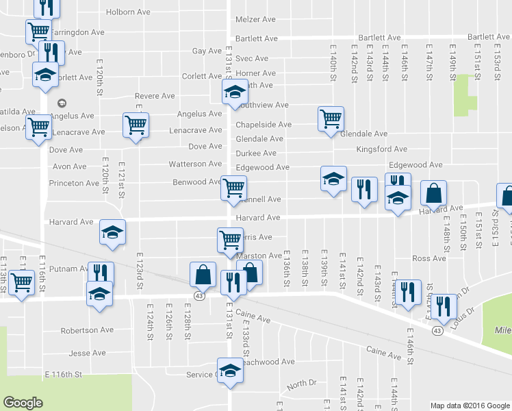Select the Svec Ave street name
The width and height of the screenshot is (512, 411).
[x=252, y=59]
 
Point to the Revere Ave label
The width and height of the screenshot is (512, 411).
[x=155, y=97]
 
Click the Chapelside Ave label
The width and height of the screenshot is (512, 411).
[x=264, y=125]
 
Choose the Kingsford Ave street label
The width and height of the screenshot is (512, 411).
[x=381, y=149]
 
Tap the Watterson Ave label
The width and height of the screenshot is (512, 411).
[x=196, y=164]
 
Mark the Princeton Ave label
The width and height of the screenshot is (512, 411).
[x=74, y=184]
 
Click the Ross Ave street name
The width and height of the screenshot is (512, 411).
[x=429, y=259]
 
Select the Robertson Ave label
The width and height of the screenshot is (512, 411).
[x=87, y=330]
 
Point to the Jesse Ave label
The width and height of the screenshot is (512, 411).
[x=88, y=354]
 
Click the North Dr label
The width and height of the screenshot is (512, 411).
[x=302, y=384]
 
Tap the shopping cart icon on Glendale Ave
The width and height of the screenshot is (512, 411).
[x=331, y=119]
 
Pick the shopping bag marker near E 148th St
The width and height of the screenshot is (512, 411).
[x=434, y=194]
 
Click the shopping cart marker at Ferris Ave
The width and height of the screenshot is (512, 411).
[x=229, y=240]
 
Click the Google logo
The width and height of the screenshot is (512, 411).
[x=23, y=403]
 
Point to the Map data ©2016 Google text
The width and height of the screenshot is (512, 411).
[x=470, y=406]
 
